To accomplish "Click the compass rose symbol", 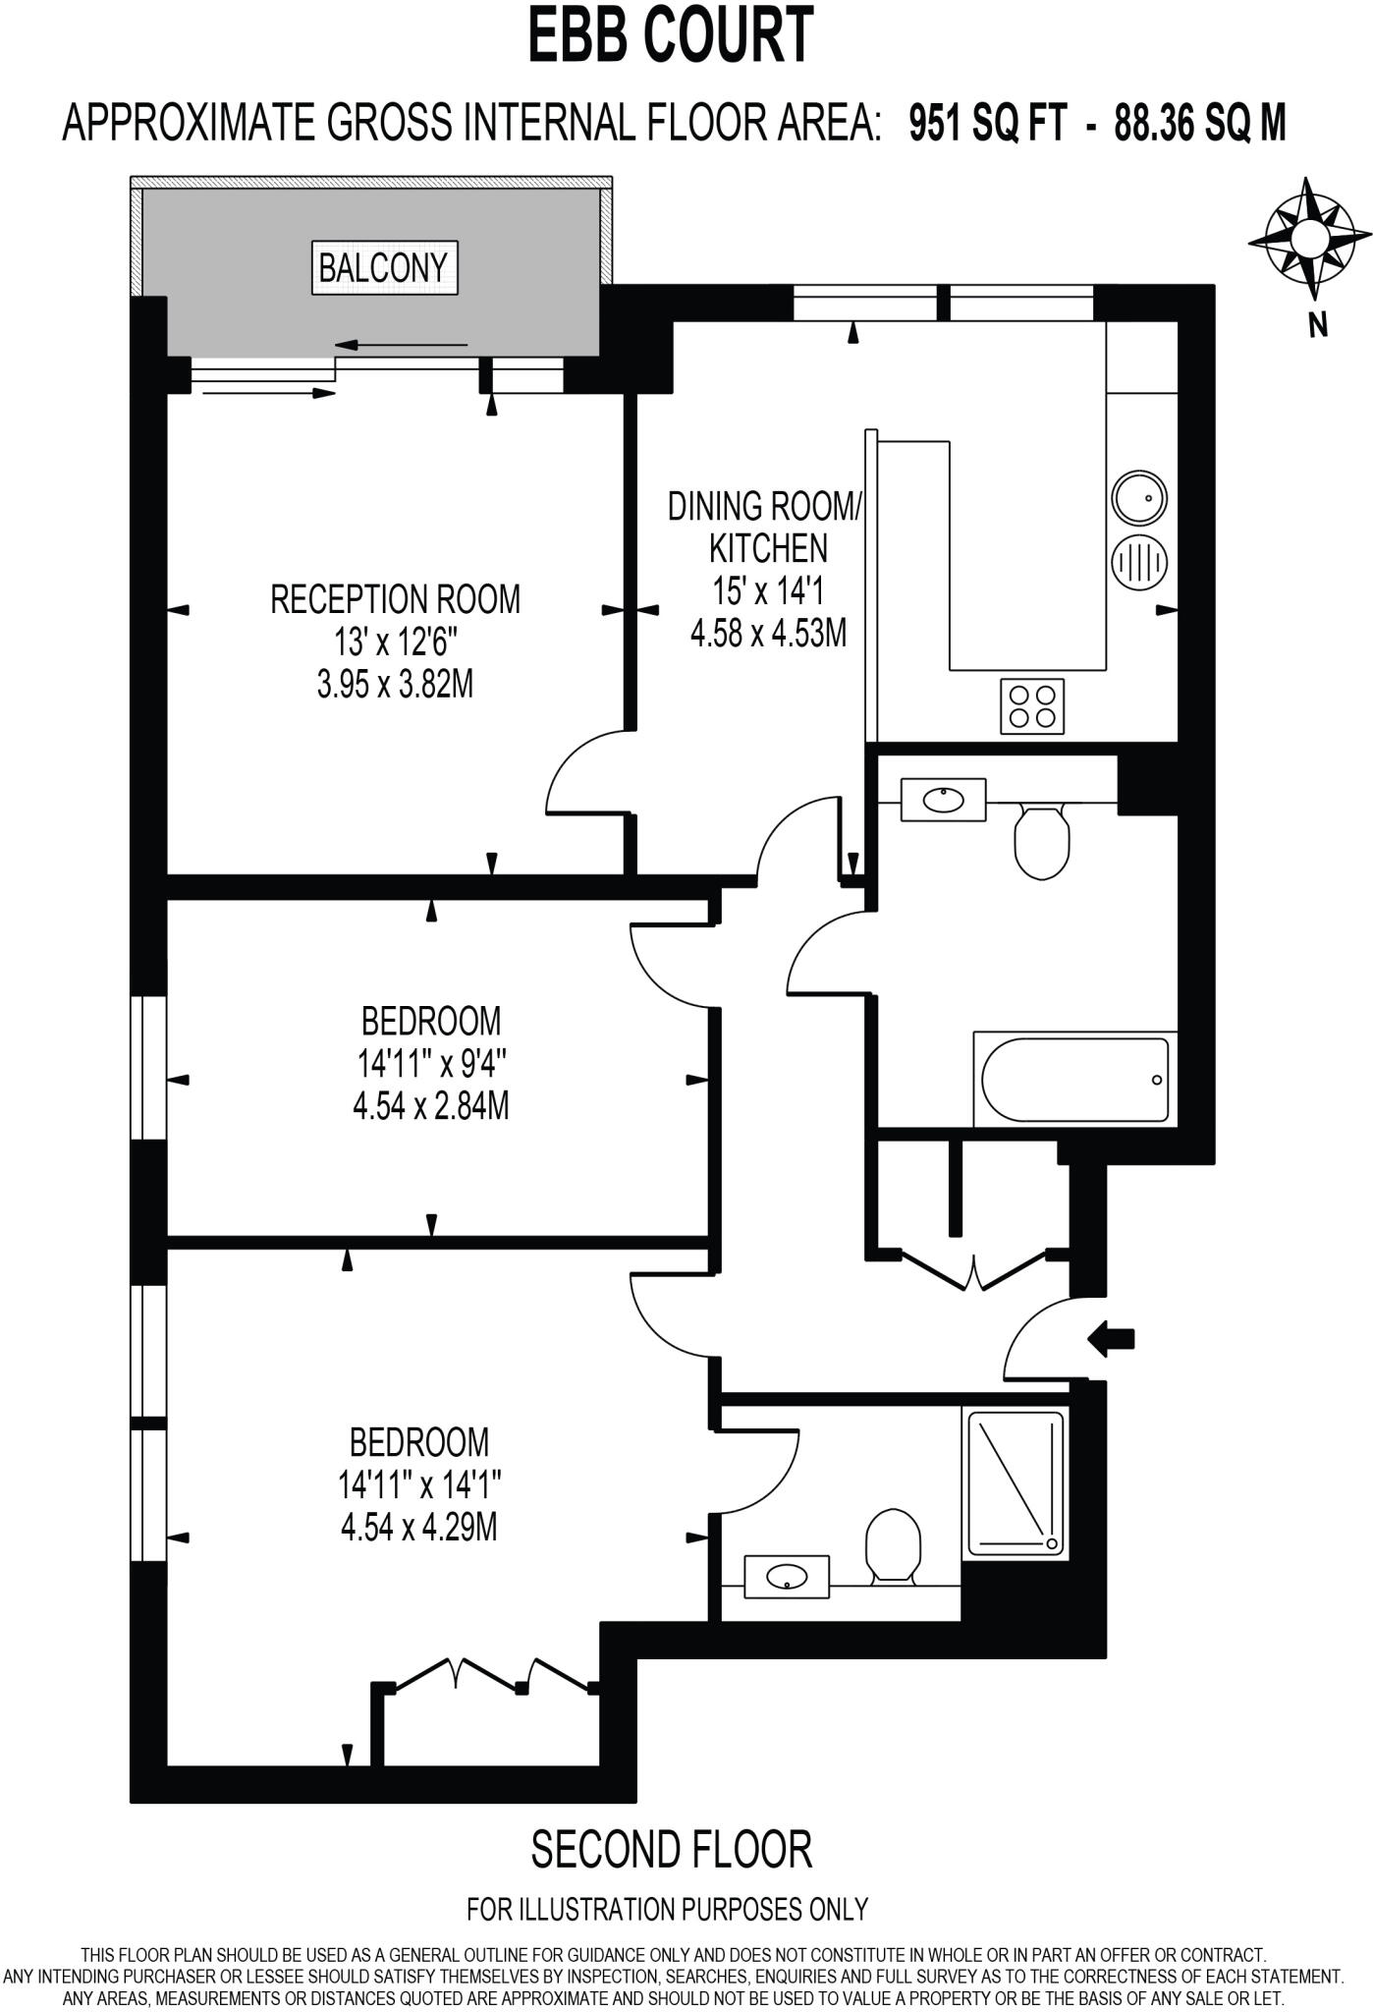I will click(1309, 239).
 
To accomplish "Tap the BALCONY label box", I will click(384, 267).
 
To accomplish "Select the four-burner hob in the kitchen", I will click(1032, 706).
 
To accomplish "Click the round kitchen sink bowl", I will click(1139, 498).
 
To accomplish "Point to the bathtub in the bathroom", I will click(1074, 1080).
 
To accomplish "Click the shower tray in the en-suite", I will click(1016, 1483).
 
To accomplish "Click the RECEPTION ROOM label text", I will click(395, 599).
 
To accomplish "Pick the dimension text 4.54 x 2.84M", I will click(430, 1107).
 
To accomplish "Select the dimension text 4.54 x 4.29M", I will click(418, 1528).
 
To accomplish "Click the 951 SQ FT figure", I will click(987, 125).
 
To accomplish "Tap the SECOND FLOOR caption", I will click(672, 1849).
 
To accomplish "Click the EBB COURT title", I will click(672, 35).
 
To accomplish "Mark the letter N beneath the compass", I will click(1318, 325).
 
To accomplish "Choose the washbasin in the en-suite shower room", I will click(787, 1577).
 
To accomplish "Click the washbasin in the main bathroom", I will click(944, 799).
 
